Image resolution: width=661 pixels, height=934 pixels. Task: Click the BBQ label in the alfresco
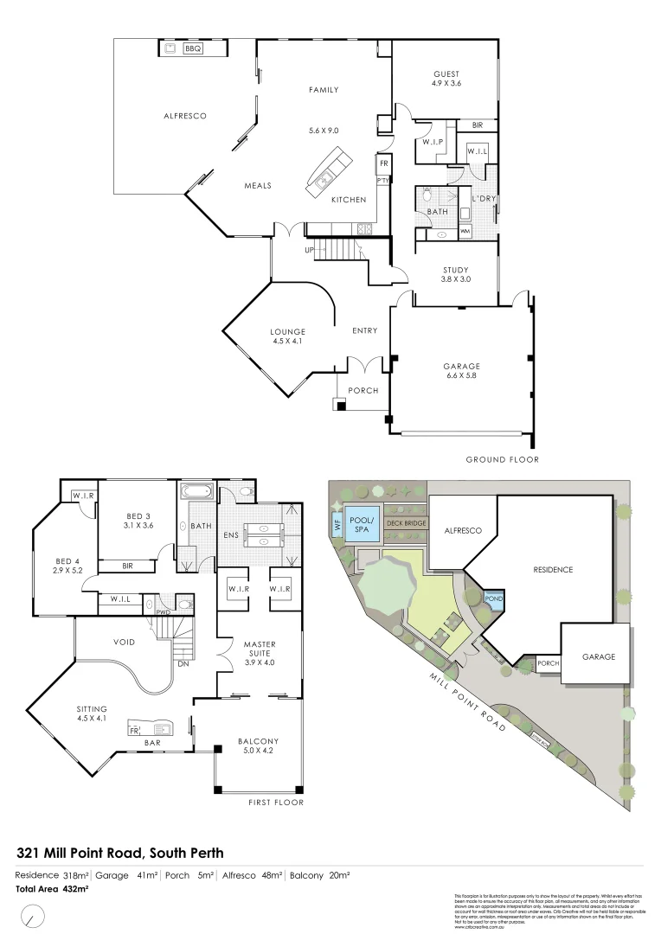[x=192, y=49]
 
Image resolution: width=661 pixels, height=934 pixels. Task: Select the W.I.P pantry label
[x=433, y=142]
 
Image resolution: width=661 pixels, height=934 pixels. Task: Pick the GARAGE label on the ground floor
[x=461, y=366]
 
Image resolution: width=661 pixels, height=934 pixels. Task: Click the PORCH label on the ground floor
[x=363, y=391]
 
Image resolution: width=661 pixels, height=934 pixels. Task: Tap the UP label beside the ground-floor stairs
[x=309, y=250]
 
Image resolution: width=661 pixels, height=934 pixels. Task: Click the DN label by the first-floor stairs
[x=183, y=663]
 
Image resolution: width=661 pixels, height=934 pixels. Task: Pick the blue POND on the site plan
[x=496, y=598]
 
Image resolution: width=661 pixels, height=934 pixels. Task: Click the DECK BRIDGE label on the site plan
[x=406, y=523]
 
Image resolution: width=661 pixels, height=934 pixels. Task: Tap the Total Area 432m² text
[x=53, y=889]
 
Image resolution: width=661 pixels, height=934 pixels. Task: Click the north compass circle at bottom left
[x=33, y=915]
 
